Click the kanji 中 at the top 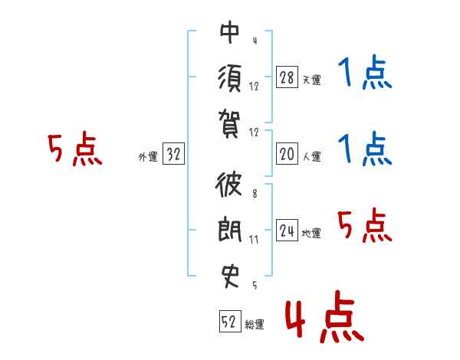tap(230, 32)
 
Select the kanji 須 tap(230, 78)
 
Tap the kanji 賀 tap(229, 124)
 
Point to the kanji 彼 tap(228, 184)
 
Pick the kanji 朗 tap(230, 229)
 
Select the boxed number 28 tap(287, 77)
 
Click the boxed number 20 tap(287, 154)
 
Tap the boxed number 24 tap(287, 230)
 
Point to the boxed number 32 tap(173, 154)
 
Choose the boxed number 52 tap(230, 321)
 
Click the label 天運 tap(312, 80)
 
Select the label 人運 tap(312, 156)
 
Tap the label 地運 tap(311, 233)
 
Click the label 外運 tap(148, 157)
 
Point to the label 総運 tap(255, 324)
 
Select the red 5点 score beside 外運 tap(75, 149)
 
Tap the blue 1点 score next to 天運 tap(365, 72)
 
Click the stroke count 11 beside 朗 tap(254, 240)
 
